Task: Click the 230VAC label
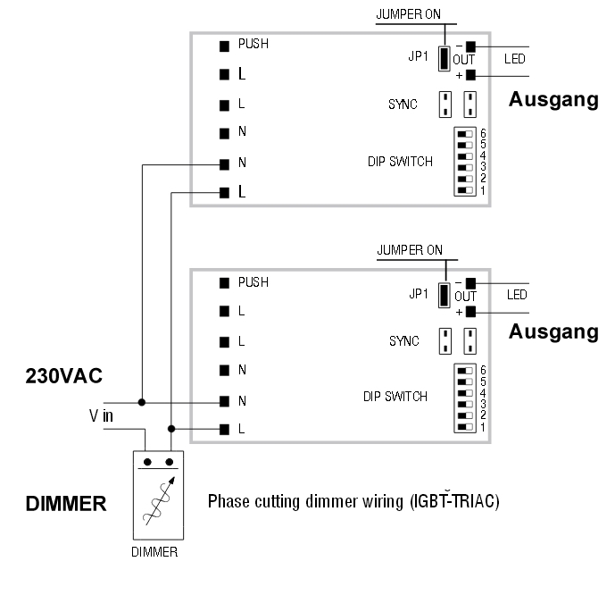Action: point(64,377)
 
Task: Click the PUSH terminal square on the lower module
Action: point(226,283)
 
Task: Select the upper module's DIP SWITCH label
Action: point(400,162)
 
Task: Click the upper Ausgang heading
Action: point(553,100)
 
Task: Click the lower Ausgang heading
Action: point(553,332)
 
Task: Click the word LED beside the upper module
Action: point(514,60)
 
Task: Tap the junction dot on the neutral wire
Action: point(141,400)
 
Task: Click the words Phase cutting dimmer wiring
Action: point(295,501)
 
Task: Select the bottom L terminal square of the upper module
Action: point(226,192)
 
